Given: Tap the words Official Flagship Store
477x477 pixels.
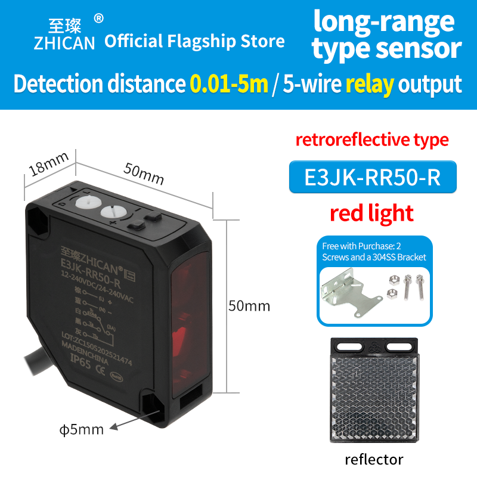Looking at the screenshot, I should [x=194, y=41].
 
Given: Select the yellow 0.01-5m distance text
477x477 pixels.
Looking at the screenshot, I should [x=229, y=84].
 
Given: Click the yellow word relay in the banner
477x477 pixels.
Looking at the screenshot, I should [x=370, y=84].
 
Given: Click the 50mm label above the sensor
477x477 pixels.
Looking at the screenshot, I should [x=143, y=172].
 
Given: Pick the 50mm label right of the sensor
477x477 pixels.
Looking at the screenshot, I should [x=249, y=306].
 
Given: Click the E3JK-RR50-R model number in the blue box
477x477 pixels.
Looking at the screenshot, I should [x=373, y=177].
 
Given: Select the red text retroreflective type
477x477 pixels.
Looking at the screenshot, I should [x=373, y=140].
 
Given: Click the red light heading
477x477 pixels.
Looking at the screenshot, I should [x=373, y=213].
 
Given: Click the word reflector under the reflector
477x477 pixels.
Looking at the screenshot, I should [x=374, y=459].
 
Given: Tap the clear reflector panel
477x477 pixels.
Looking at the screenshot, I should [x=373, y=397].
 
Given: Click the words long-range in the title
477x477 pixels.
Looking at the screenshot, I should [x=384, y=22].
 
